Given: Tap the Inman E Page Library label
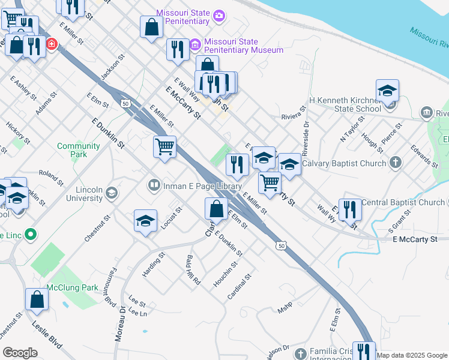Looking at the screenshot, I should tap(202, 186).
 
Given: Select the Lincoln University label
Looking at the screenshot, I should tap(89, 193).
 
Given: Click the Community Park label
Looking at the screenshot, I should tap(79, 150).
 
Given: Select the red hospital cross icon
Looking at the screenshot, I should tap(52, 44).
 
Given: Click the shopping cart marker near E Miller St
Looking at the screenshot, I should tap(164, 146).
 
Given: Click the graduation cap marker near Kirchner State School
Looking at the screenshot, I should tap(387, 91).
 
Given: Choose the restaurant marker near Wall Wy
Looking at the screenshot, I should tap(350, 209).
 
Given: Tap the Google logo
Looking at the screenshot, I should tap(20, 353).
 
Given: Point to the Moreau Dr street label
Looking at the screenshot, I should tap(120, 324).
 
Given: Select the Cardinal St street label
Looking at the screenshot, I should tap(239, 287).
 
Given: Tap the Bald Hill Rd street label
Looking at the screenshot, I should tap(193, 269).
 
